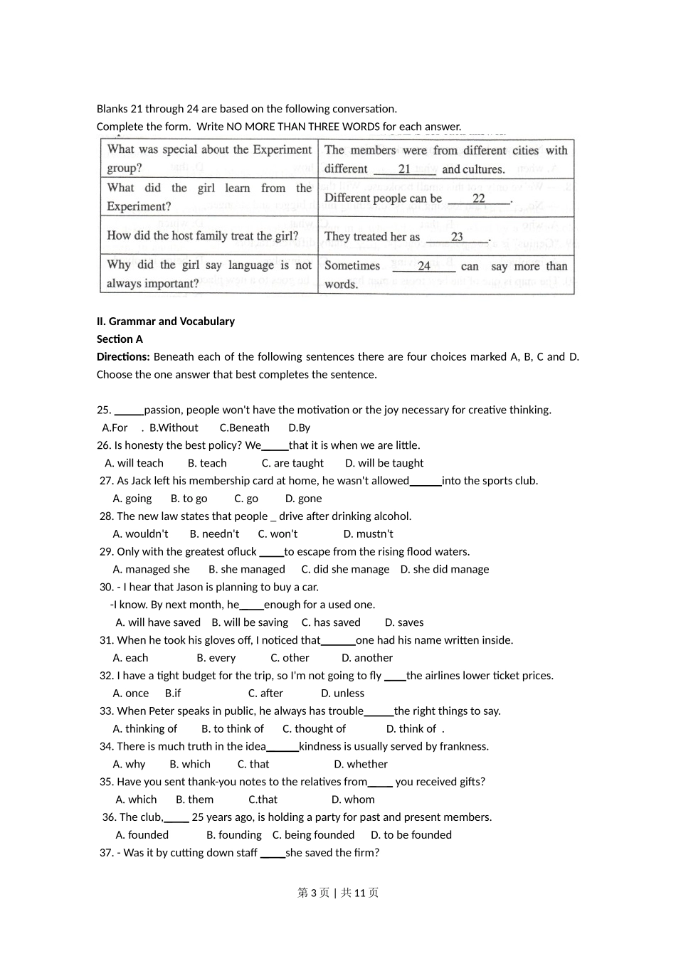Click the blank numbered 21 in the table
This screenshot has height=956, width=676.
[x=404, y=169]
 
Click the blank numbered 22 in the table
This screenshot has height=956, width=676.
[x=479, y=199]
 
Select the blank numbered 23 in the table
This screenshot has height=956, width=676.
[x=457, y=238]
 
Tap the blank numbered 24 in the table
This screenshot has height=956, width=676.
[x=423, y=266]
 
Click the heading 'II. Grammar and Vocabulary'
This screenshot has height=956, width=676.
[x=166, y=322]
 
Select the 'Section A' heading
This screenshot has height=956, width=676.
[x=120, y=339]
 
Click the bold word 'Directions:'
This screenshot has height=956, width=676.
[x=123, y=357]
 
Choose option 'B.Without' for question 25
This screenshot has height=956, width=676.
[x=174, y=428]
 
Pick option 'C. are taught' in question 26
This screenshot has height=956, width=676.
[x=292, y=463]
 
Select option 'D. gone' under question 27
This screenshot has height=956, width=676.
[x=303, y=499]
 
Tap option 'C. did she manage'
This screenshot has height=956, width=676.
[x=345, y=570]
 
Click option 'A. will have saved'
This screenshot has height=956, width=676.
[x=158, y=622]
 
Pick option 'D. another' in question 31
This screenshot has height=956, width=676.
[x=366, y=658]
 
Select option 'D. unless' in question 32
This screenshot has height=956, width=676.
[x=342, y=694]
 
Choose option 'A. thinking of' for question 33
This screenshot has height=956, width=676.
[x=145, y=729]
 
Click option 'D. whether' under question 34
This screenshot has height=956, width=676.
[x=361, y=765]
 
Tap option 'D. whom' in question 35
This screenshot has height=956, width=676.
[x=353, y=800]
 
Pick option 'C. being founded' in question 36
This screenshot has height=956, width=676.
[x=313, y=835]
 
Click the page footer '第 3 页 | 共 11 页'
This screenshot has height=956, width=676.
[x=338, y=893]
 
